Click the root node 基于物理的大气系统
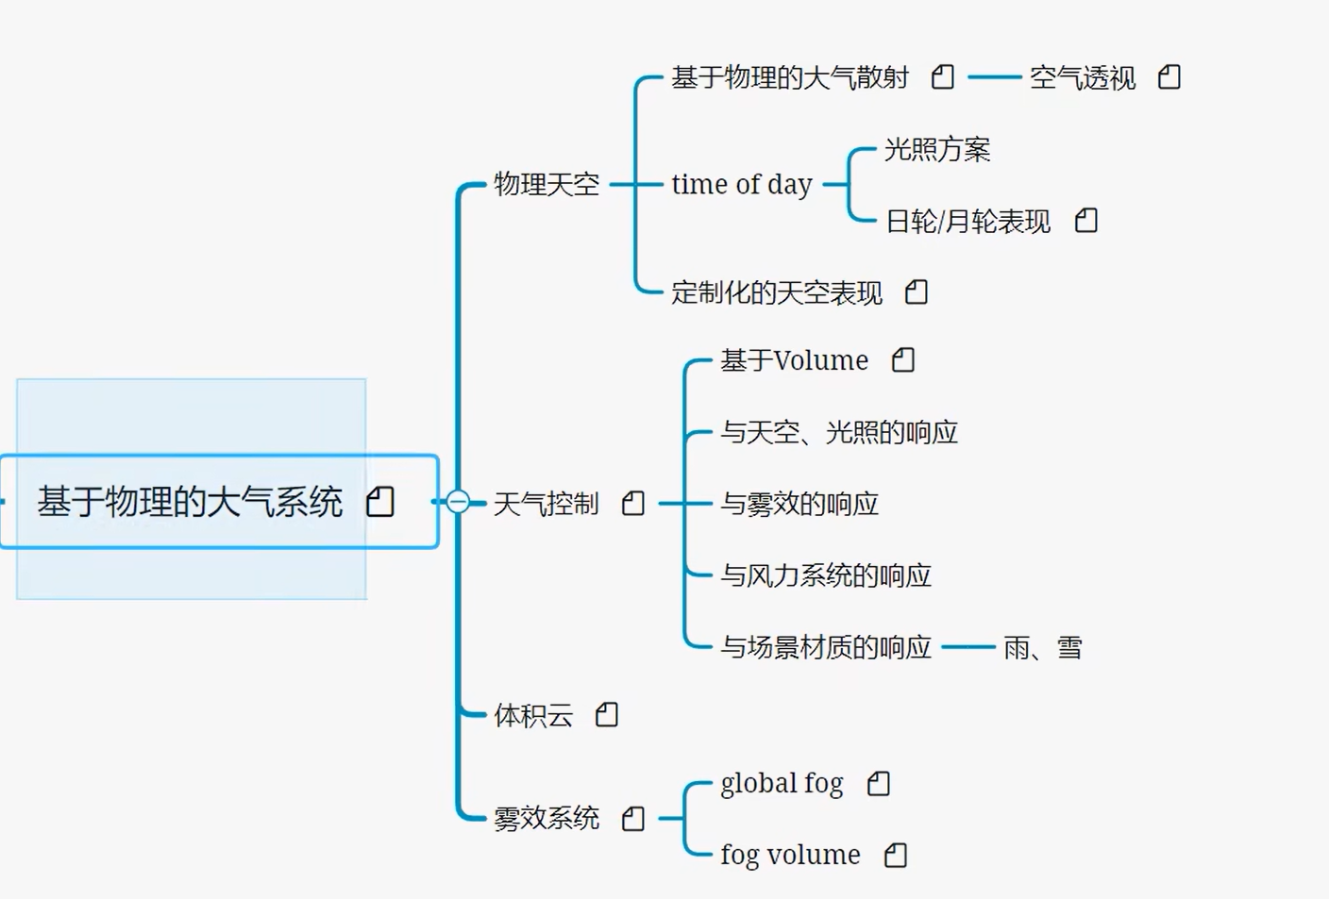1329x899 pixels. click(190, 502)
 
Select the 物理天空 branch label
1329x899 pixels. click(547, 184)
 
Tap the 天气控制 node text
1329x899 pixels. click(547, 504)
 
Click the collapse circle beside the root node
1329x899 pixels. click(458, 502)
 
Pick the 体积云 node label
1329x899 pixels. click(533, 715)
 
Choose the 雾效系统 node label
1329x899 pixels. click(547, 818)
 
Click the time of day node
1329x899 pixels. click(742, 184)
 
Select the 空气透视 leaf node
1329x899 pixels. click(1083, 77)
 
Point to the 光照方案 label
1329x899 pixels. click(937, 149)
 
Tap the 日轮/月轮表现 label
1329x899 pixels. click(967, 221)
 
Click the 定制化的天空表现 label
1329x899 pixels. click(777, 292)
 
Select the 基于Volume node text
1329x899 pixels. click(794, 360)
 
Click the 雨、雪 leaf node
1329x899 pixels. click(1042, 648)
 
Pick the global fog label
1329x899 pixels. click(782, 783)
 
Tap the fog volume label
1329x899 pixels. click(790, 855)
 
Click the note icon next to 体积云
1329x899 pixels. click(607, 715)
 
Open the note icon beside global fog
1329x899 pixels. click(879, 783)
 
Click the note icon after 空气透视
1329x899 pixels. click(1169, 77)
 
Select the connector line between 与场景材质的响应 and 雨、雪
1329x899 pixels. click(968, 647)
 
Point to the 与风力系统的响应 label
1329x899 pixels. click(826, 575)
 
